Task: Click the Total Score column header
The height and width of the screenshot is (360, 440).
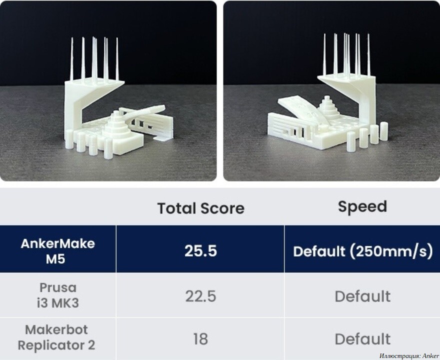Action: point(201,208)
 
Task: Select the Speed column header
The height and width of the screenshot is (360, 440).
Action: point(362,207)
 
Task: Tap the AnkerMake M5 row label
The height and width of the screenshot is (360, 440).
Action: point(58,251)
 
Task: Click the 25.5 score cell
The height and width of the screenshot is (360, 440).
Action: point(200,251)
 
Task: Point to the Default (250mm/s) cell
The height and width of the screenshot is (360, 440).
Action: point(363,251)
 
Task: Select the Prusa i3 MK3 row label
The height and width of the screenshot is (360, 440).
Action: point(58,295)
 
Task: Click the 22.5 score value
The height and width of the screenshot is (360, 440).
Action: point(200,296)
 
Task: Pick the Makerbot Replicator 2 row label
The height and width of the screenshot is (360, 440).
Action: point(56,337)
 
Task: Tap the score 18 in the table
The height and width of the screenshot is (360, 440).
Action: point(200,339)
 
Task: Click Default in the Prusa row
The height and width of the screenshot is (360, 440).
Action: point(362,296)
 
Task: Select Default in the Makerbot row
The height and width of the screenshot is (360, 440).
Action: point(362,339)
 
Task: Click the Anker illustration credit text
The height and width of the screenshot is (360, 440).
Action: point(409,356)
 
